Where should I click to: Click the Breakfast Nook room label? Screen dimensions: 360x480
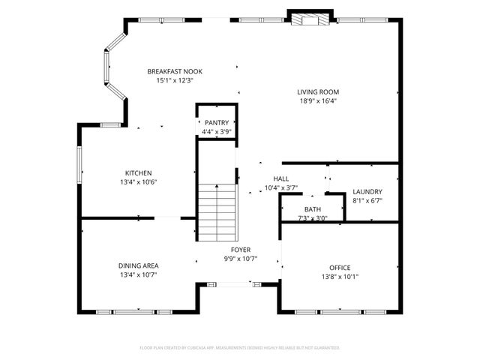pos(174,71)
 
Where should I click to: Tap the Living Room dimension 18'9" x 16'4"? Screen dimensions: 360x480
pos(319,101)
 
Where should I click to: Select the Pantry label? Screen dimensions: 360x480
pos(217,122)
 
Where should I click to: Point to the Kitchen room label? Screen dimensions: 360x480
pos(138,172)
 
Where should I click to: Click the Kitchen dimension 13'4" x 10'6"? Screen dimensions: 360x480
pos(138,181)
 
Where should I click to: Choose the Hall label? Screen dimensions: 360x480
pos(281,178)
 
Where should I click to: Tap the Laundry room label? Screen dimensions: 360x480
pos(367,192)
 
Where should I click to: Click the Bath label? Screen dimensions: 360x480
pos(312,209)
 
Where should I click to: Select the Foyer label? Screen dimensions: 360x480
pos(240,250)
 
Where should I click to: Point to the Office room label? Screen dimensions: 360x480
pos(340,267)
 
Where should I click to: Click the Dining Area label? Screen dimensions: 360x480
pos(138,265)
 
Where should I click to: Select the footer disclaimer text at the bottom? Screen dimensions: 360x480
pos(240,348)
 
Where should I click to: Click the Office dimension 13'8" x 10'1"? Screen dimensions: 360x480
pos(340,276)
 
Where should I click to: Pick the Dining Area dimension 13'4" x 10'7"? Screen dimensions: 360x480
pos(138,274)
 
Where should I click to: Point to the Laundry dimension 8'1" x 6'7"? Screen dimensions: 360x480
pos(367,201)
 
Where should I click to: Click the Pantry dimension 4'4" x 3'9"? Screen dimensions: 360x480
pos(217,131)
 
